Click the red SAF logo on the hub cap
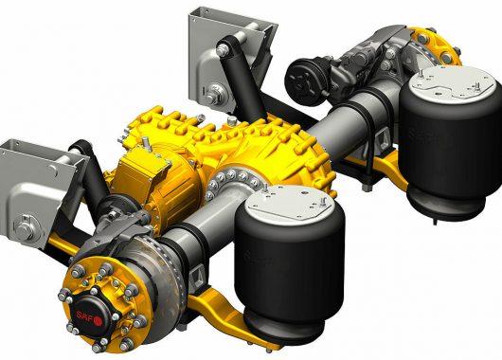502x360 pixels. [89, 316]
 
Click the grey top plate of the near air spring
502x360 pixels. [288, 203]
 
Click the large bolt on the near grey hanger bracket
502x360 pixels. [25, 226]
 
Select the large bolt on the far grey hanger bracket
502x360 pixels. [214, 93]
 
